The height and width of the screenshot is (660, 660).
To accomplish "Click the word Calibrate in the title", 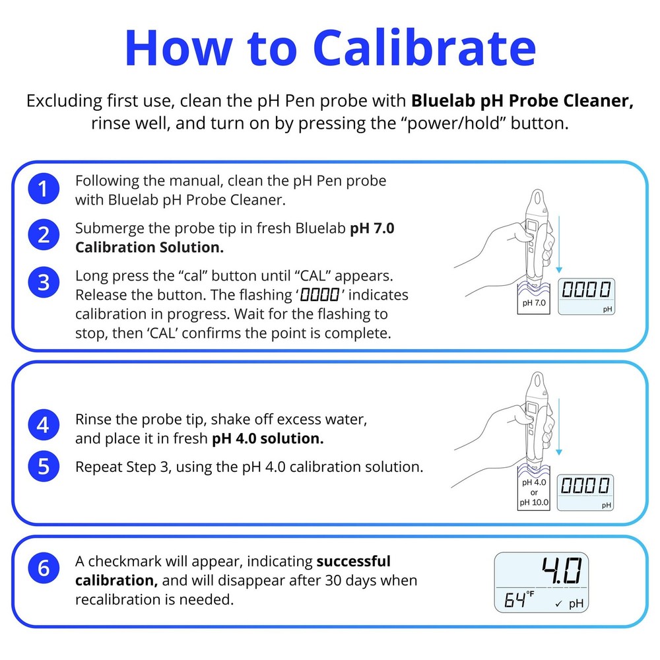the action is coord(424,48).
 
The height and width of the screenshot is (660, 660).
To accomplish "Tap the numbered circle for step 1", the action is coord(44,189).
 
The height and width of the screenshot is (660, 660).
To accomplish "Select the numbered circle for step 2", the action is coord(44,235).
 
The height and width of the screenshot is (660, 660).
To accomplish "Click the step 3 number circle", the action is coord(44,282).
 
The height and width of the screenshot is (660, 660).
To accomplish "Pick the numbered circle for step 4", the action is coord(44,424).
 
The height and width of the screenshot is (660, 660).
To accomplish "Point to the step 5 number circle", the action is coord(44,467).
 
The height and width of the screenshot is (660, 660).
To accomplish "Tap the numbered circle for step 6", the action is coord(44,568).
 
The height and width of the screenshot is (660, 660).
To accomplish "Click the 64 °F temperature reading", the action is coord(519,599).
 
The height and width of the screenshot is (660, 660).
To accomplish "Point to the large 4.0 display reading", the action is coord(562,571).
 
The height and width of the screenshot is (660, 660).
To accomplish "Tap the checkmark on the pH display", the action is coord(558,604).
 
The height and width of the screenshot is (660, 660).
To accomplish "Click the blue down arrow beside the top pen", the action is coord(559,244).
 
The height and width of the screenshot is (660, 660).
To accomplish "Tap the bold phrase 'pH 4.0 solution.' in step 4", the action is coord(268,439).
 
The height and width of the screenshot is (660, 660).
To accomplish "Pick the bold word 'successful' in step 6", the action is coord(354,561).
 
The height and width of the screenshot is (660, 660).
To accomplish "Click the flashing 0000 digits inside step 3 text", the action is coord(319,294).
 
